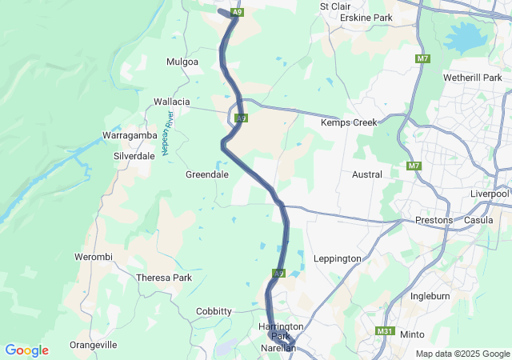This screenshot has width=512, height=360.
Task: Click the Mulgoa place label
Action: [x=182, y=62]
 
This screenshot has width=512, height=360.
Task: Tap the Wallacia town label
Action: [x=172, y=102]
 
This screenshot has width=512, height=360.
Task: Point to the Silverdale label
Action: [x=134, y=156]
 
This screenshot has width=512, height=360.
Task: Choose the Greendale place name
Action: [x=207, y=174]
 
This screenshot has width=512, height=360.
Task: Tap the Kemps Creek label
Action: [x=348, y=123]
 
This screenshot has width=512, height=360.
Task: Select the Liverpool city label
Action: [x=490, y=194]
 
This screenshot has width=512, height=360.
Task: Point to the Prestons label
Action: [x=434, y=220]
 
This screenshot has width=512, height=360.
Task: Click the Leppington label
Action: [x=338, y=258]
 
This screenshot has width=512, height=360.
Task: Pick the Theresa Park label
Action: [x=165, y=278]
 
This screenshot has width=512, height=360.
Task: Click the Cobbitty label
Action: [x=214, y=311]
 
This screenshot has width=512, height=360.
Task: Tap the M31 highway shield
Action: [x=385, y=331]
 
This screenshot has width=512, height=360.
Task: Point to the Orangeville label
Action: [x=94, y=345]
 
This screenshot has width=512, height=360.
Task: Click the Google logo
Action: [x=26, y=350]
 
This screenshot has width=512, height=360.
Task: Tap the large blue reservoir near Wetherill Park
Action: [x=463, y=37]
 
